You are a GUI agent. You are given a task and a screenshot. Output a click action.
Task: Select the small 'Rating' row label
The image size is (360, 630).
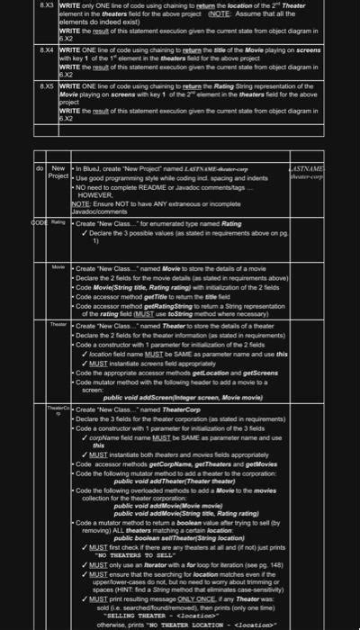pyautogui.click(x=58, y=220)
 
